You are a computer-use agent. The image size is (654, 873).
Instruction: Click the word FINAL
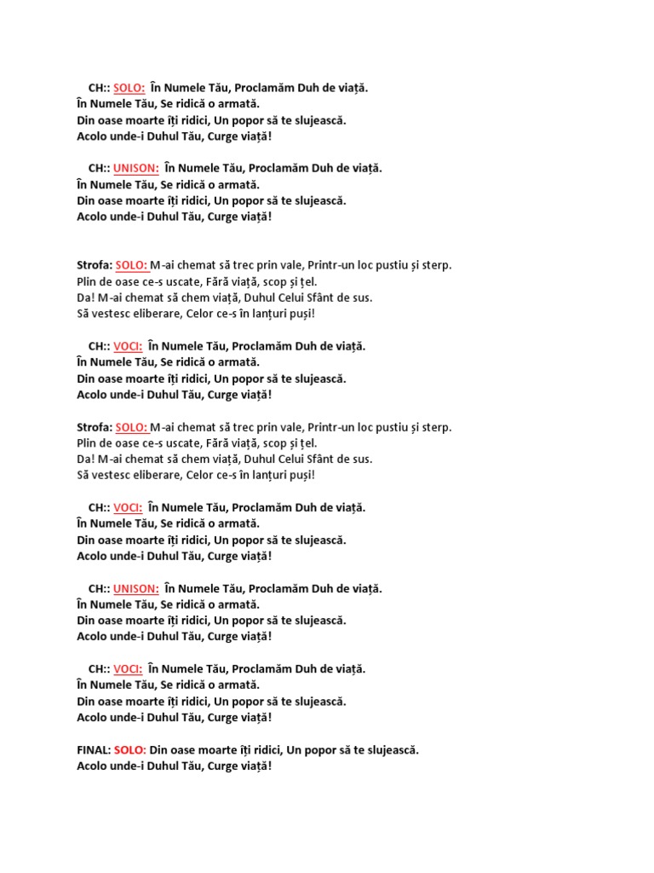93,750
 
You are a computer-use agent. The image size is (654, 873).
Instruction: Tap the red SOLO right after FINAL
129,750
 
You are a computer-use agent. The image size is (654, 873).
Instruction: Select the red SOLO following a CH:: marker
129,88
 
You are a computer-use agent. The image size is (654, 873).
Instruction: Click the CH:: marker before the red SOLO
98,88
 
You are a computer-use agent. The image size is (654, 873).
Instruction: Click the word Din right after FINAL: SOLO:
160,750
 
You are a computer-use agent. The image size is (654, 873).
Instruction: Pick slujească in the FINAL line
389,750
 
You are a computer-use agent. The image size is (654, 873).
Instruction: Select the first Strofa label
94,265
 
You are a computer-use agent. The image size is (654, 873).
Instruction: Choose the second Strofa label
94,427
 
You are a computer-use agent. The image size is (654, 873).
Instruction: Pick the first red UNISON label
136,168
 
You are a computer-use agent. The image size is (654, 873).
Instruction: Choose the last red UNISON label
136,588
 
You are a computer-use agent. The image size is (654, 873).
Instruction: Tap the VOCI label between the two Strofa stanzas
128,346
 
